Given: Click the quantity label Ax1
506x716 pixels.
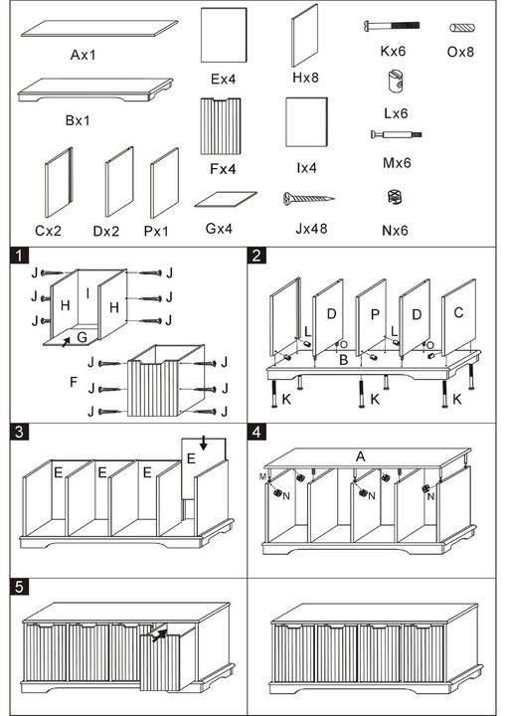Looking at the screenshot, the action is pyautogui.click(x=84, y=56).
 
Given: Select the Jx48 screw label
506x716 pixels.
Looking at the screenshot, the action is pyautogui.click(x=311, y=228).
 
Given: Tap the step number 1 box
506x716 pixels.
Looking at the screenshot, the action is pyautogui.click(x=19, y=256).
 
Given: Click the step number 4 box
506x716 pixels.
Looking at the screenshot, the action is pyautogui.click(x=256, y=432).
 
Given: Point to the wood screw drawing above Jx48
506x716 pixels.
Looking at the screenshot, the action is pyautogui.click(x=309, y=198).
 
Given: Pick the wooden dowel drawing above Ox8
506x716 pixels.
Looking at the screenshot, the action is pyautogui.click(x=462, y=28).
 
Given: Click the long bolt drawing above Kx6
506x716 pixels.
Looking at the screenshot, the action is pyautogui.click(x=392, y=26).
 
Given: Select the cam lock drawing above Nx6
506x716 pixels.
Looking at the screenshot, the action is pyautogui.click(x=394, y=197).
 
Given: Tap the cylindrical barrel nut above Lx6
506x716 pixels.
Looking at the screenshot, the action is pyautogui.click(x=395, y=81).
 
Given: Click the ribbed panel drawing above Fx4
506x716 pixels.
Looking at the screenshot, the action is pyautogui.click(x=221, y=126).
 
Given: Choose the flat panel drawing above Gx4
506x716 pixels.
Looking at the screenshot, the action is pyautogui.click(x=226, y=199).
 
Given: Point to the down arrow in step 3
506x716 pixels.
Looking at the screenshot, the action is pyautogui.click(x=203, y=443).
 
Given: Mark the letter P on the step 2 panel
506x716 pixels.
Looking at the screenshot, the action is pyautogui.click(x=375, y=314).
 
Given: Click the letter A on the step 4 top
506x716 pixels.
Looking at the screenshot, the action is pyautogui.click(x=361, y=456).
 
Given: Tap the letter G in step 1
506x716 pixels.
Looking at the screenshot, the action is pyautogui.click(x=83, y=337).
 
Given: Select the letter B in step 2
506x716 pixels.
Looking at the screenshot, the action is pyautogui.click(x=343, y=360).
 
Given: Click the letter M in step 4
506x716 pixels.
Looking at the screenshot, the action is pyautogui.click(x=262, y=476).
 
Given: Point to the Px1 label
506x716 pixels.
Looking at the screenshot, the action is pyautogui.click(x=156, y=231).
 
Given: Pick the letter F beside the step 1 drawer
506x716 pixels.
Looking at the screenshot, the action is pyautogui.click(x=74, y=382).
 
